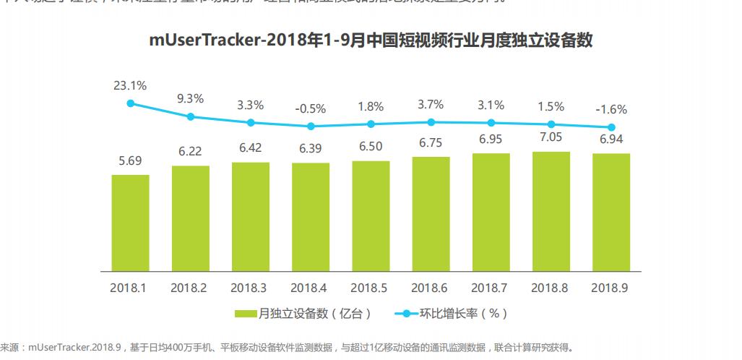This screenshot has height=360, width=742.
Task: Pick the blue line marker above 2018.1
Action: (131, 103)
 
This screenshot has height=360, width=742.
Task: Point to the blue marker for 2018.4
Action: (311, 126)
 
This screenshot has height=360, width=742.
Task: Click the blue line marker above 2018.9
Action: (611, 127)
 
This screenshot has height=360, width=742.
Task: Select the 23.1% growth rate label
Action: (130, 85)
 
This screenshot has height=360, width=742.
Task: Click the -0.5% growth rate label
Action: (311, 108)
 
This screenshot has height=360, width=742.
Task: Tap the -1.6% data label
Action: (611, 110)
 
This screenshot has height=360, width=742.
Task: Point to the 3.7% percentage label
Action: (431, 106)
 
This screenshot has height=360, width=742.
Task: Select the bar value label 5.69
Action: (131, 160)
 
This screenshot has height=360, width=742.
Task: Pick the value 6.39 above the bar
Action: (311, 148)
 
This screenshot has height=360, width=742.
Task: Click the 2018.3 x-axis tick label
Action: (250, 288)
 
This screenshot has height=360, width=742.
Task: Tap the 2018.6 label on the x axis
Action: (431, 288)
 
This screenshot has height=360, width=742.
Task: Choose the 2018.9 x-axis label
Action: (611, 288)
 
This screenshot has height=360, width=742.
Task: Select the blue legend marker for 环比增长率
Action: (406, 314)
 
